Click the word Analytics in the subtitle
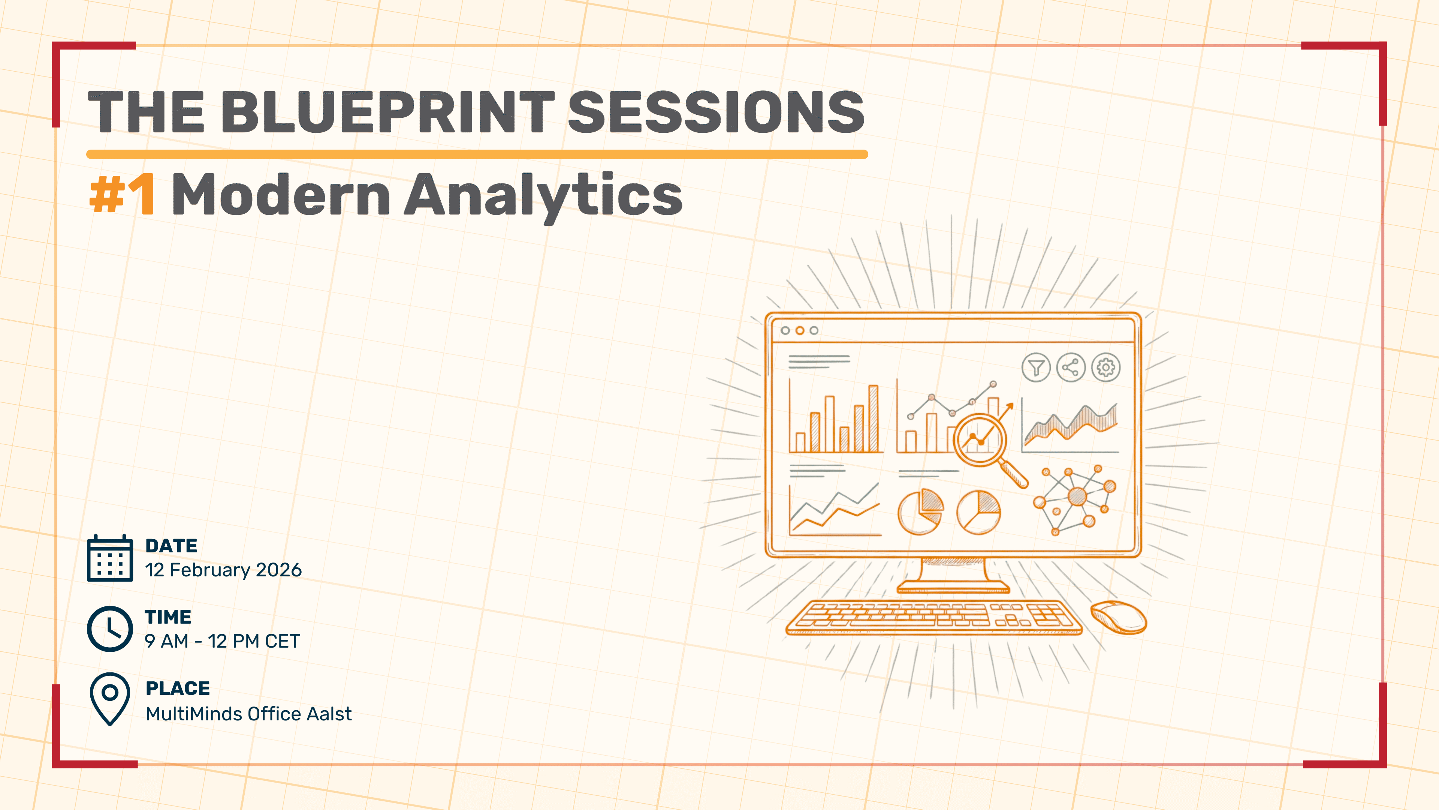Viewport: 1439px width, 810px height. click(543, 196)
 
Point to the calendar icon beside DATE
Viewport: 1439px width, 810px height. click(110, 558)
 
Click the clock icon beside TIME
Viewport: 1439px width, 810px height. click(110, 628)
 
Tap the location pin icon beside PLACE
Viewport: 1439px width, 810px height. click(110, 699)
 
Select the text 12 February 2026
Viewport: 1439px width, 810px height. click(223, 570)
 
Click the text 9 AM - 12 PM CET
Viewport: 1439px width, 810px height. click(222, 641)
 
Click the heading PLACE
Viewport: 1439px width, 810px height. click(178, 688)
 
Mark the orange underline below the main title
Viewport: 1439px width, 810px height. click(477, 154)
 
